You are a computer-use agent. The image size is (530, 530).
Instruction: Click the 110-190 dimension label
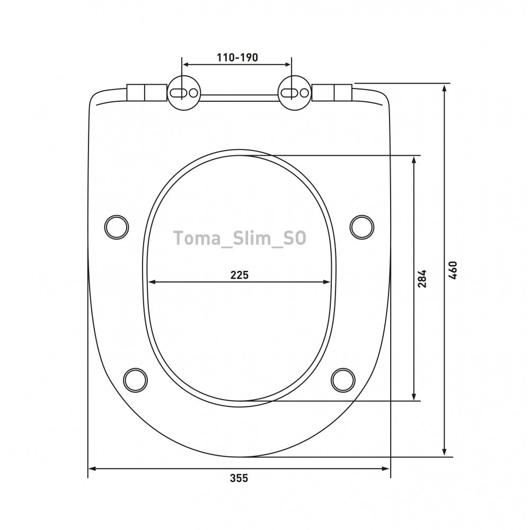tap(237, 57)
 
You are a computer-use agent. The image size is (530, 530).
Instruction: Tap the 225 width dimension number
tap(240, 275)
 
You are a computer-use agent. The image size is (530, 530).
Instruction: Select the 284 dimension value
tap(422, 279)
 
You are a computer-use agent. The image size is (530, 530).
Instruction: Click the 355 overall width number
tap(239, 478)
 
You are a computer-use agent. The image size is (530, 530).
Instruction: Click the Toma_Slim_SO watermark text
tap(240, 238)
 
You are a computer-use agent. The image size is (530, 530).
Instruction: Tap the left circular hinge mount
tap(184, 93)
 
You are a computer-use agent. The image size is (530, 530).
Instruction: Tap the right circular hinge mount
tap(294, 93)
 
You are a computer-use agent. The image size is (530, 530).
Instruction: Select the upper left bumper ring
tap(117, 227)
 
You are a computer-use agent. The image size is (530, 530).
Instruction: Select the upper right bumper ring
tap(361, 227)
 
